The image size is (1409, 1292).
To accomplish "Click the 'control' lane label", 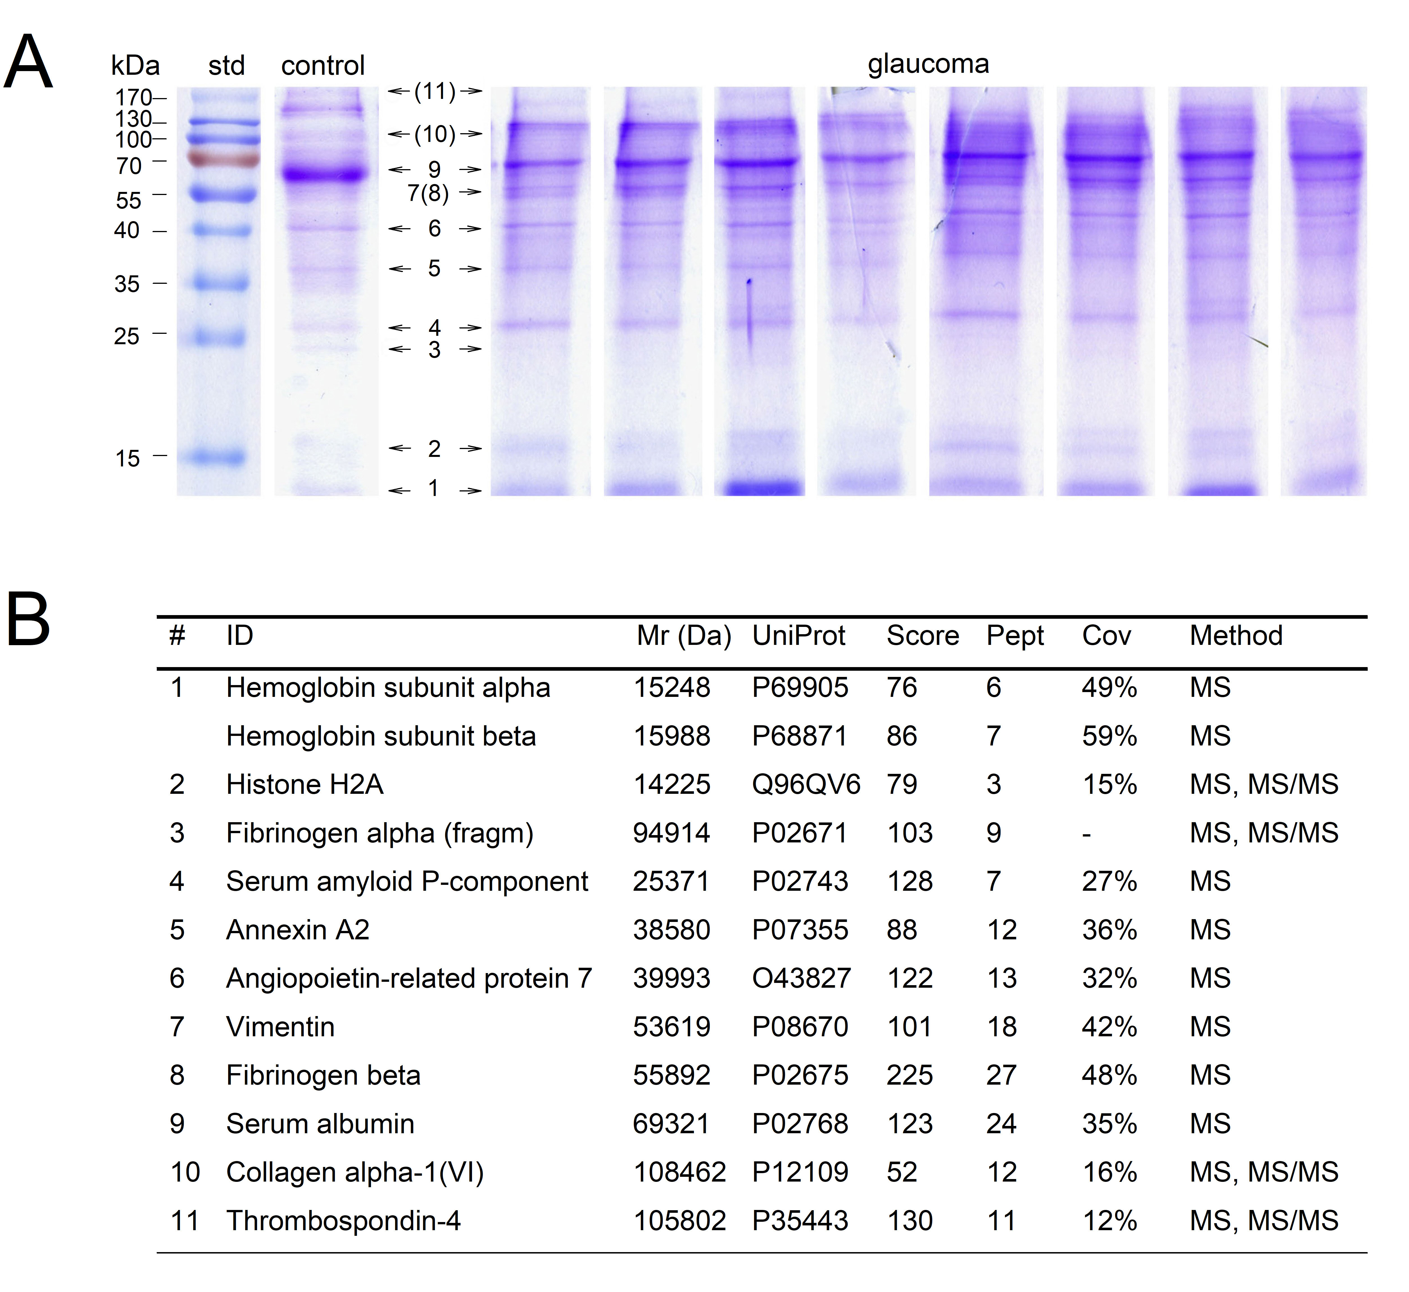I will click(323, 66).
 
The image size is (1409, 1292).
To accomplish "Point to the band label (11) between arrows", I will click(435, 92).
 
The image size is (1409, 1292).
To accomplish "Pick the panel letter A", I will click(28, 63).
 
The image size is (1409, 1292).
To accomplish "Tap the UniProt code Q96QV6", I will click(806, 785).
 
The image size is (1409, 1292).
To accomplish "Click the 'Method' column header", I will click(1236, 636).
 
